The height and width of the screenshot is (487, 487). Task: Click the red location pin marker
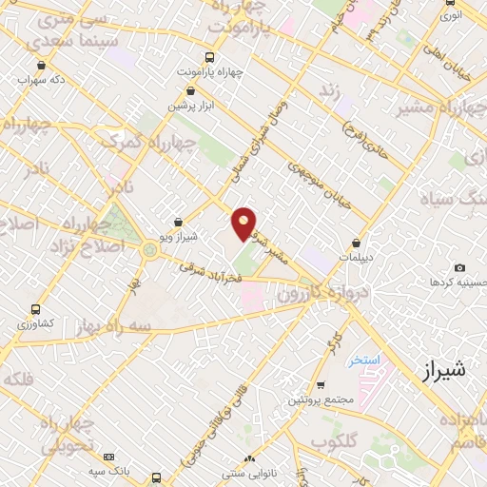click(x=244, y=224)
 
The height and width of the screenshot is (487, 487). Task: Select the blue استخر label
click(x=363, y=360)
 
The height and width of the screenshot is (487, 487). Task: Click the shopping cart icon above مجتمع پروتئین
click(x=321, y=384)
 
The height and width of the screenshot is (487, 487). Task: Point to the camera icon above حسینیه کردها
click(x=460, y=268)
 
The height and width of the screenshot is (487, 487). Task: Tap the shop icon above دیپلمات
click(x=357, y=243)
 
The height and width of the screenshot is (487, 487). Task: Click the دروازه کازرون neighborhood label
click(x=324, y=288)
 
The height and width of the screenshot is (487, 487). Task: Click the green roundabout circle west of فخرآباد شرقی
click(x=149, y=250)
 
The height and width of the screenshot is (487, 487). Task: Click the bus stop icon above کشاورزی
click(x=35, y=309)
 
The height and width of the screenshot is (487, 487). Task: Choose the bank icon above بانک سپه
click(x=108, y=458)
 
